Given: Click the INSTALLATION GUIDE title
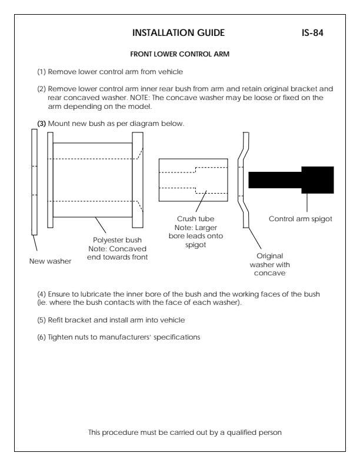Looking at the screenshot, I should (x=178, y=32).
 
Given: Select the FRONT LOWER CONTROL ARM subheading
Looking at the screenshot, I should (x=179, y=54).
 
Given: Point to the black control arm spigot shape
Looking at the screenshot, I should (x=291, y=179).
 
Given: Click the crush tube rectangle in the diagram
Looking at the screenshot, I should (x=194, y=180).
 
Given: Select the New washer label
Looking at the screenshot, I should (x=51, y=261).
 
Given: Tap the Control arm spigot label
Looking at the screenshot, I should (x=300, y=219).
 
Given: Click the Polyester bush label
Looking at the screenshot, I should (x=120, y=240).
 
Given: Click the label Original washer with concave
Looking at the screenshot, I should (x=271, y=264).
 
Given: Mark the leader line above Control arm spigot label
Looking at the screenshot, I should (x=306, y=202).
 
